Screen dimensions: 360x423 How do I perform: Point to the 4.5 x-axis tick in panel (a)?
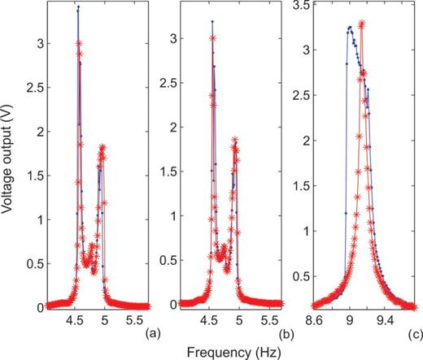(74, 320)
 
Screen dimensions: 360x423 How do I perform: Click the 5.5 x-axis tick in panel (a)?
(139, 320)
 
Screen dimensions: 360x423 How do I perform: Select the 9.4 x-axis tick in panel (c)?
(386, 320)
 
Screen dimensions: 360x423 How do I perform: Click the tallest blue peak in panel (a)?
(78, 7)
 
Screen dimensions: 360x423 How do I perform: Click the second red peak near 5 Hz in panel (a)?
(102, 148)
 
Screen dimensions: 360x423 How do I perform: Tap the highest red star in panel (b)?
(212, 37)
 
